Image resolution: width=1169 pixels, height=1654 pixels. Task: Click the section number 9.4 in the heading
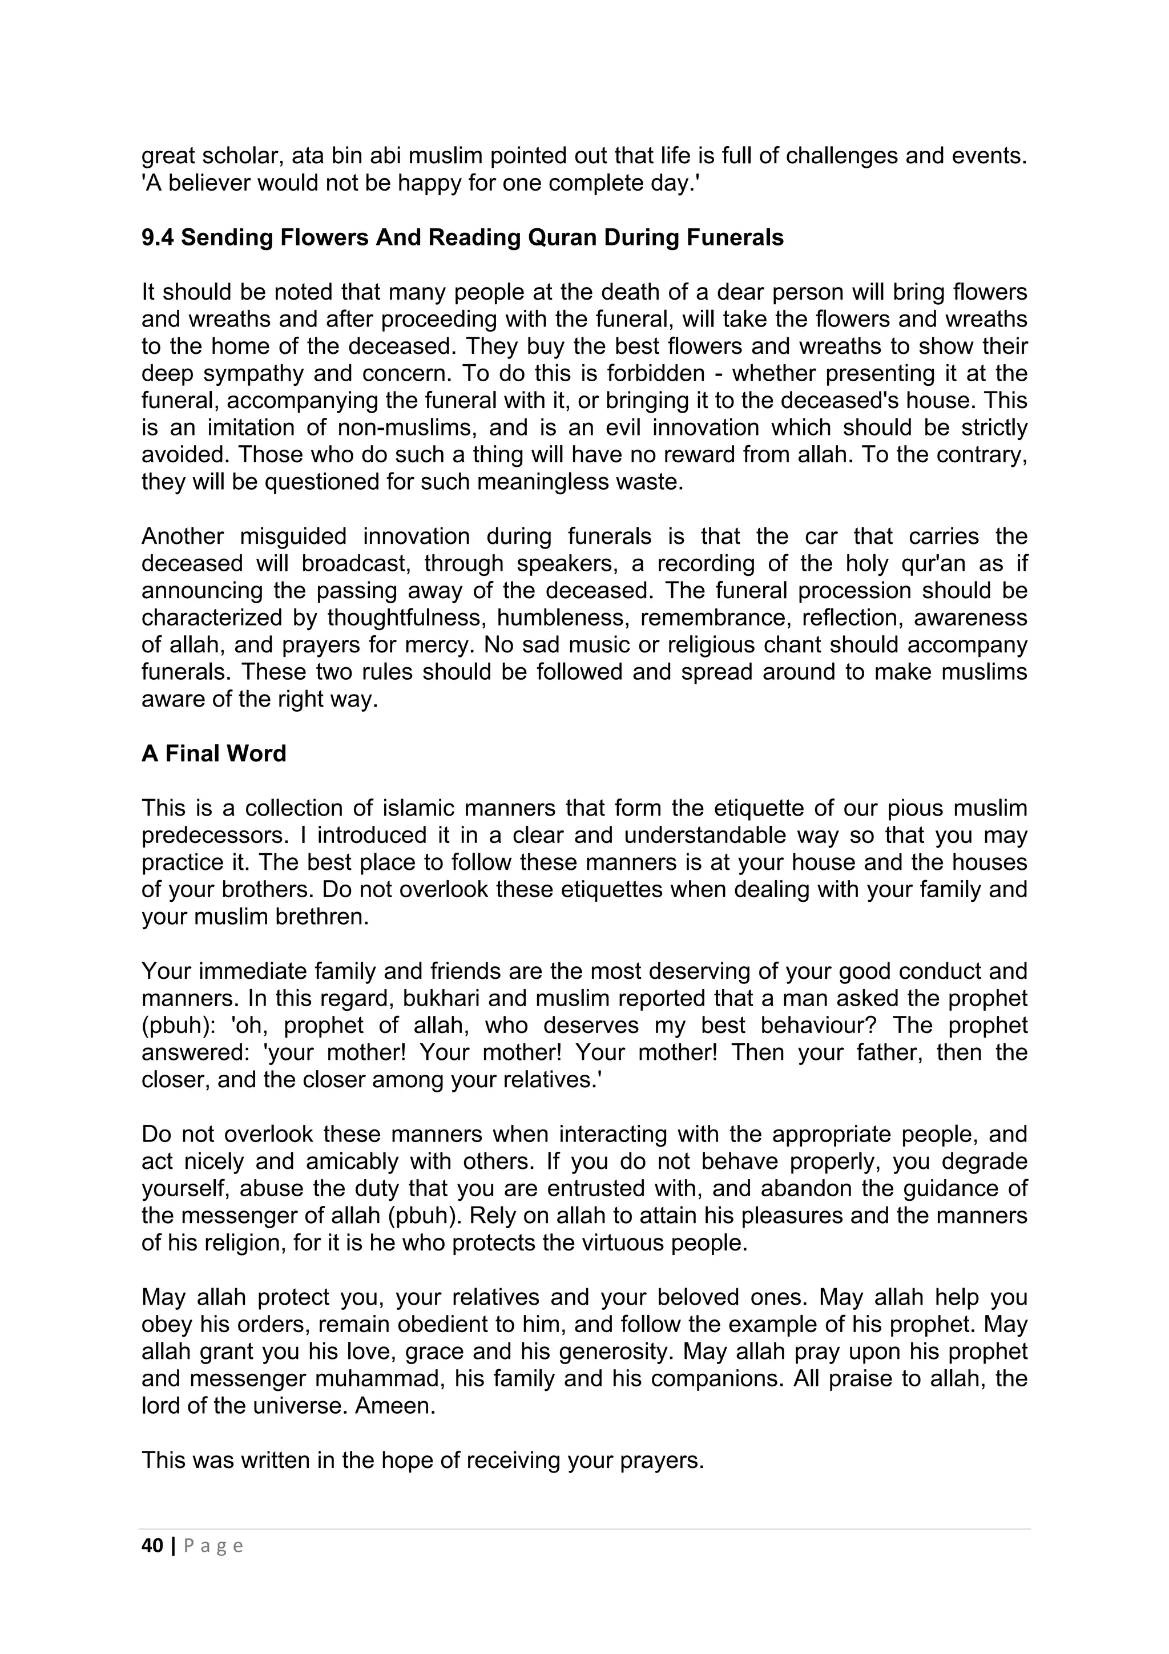click(158, 238)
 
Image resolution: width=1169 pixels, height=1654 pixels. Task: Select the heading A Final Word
click(214, 753)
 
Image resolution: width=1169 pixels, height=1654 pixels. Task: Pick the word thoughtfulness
click(405, 618)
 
